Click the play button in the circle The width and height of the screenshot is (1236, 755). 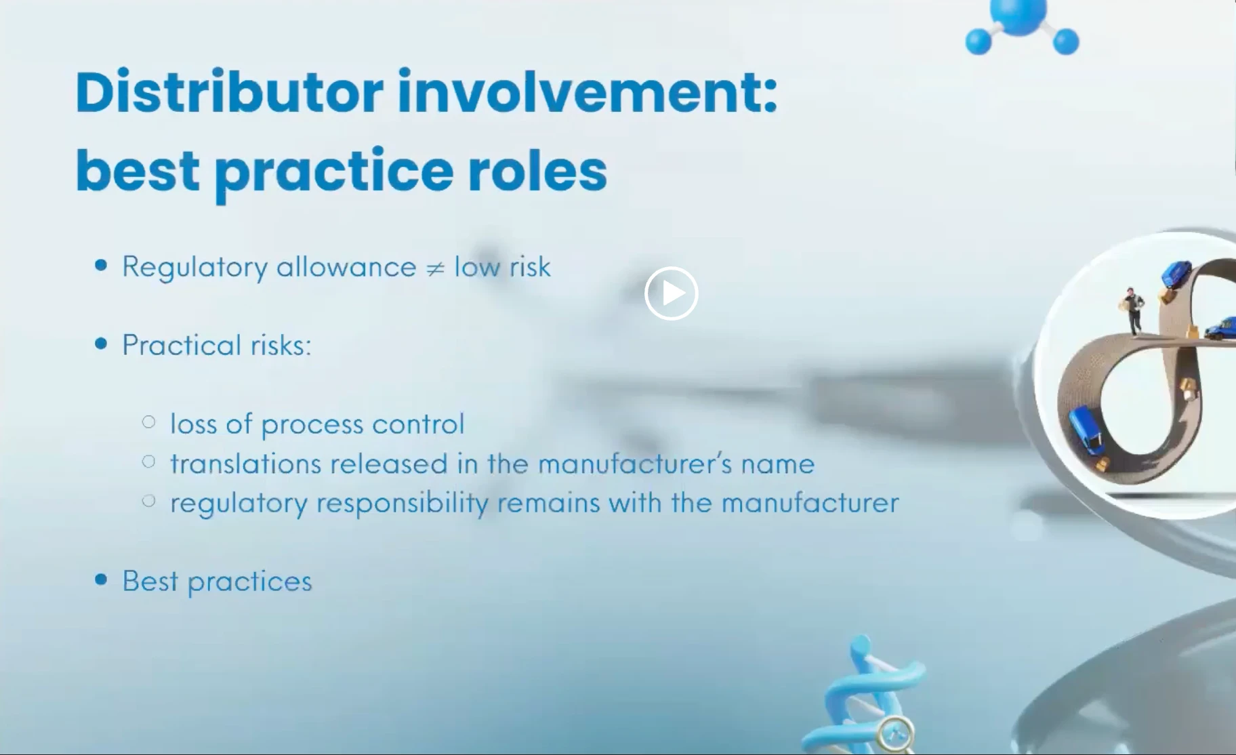coord(671,293)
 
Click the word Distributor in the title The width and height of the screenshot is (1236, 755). coord(230,92)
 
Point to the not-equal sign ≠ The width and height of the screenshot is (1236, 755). coord(435,268)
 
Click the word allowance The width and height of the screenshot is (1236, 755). coord(346,266)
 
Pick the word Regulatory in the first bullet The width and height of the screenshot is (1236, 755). coord(194,267)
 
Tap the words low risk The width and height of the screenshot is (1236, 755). coord(502,266)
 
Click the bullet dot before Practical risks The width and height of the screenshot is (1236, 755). coord(102,344)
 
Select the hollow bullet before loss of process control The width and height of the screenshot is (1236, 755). coord(149,422)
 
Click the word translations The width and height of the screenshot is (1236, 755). coord(246,464)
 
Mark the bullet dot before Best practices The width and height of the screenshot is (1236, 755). coord(102,579)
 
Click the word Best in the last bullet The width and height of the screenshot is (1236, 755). coord(150,581)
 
